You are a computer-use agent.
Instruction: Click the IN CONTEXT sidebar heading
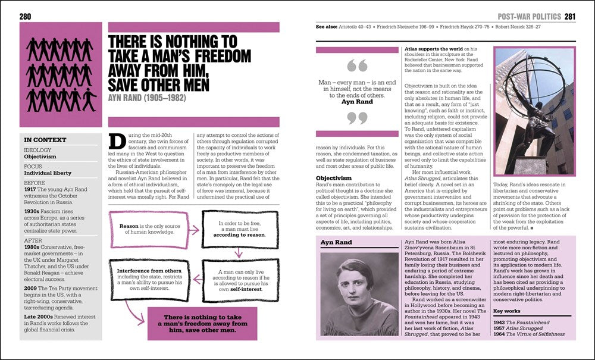[x=40, y=140]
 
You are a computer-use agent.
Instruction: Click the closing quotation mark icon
[x=357, y=118]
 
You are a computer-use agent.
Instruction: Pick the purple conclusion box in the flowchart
[x=202, y=323]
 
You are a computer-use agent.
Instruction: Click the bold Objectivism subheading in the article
[x=334, y=177]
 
